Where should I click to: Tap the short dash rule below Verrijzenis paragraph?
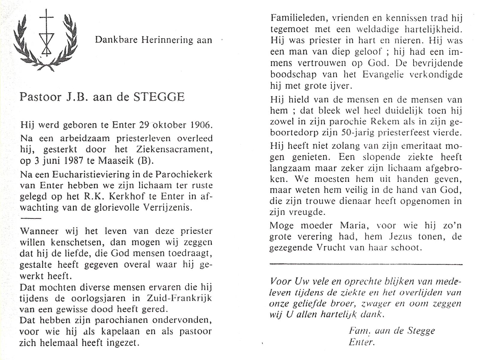tap(30, 218)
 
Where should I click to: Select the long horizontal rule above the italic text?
tap(366, 264)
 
